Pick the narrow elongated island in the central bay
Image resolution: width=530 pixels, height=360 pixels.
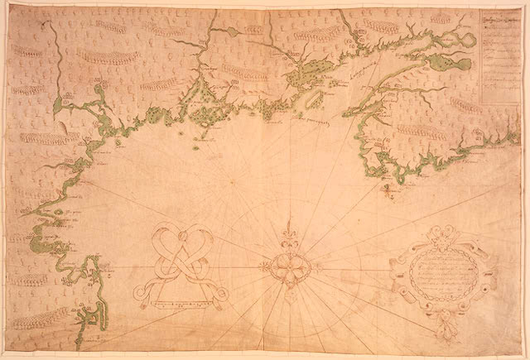pyautogui.click(x=314, y=99)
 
